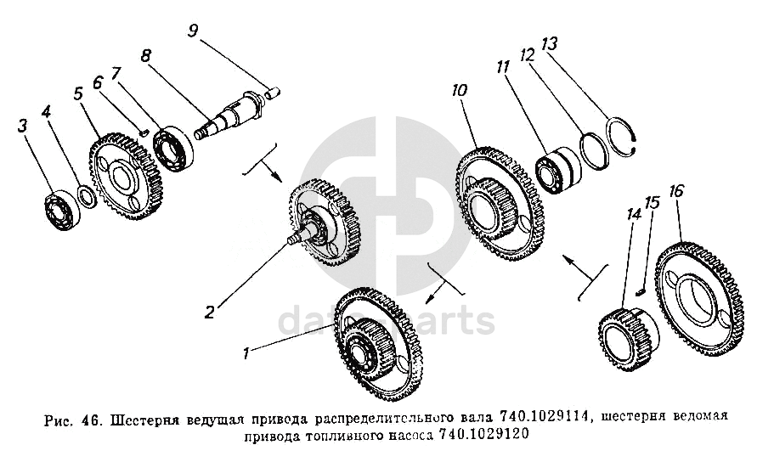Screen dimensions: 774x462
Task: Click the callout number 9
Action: tap(193, 31)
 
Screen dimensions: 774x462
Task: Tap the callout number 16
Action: tap(676, 191)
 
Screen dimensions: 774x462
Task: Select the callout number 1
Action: tap(246, 353)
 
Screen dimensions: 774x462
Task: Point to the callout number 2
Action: tap(209, 312)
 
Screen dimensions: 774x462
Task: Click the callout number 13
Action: tap(550, 44)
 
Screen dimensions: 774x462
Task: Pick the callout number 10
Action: tap(459, 91)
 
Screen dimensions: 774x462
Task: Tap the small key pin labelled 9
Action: tap(273, 93)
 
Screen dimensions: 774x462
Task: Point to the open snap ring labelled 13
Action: tap(623, 138)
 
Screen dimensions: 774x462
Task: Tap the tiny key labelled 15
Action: tap(641, 291)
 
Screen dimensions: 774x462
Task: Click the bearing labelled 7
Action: tap(172, 149)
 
